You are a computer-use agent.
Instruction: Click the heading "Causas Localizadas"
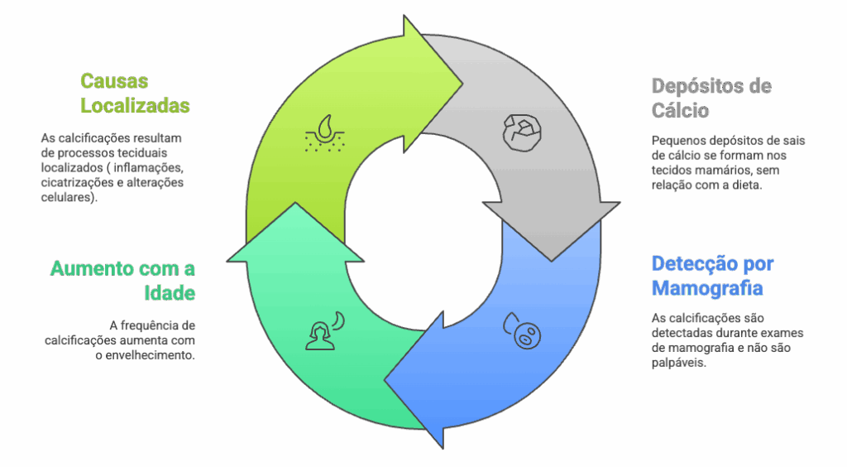(x=135, y=94)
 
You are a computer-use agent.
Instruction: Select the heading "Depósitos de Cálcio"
(x=711, y=98)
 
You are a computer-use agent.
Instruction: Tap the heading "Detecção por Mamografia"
(x=712, y=277)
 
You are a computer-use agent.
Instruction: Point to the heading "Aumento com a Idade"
(x=123, y=281)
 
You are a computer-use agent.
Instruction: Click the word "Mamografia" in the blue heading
(x=707, y=289)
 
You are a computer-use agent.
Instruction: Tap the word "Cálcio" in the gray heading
(x=680, y=110)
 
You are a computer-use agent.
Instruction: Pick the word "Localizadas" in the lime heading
(x=135, y=106)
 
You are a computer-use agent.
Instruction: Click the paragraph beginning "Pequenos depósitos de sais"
(x=728, y=163)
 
